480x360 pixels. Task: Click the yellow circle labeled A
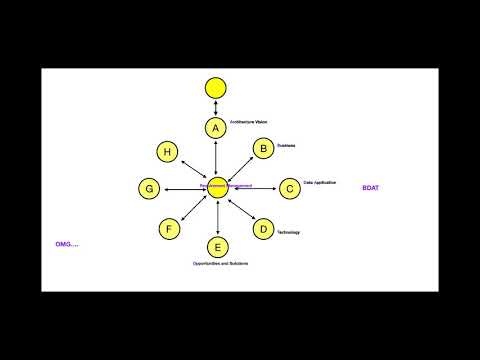pos(216,128)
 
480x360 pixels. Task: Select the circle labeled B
pos(263,149)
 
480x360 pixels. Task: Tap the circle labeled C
pos(288,187)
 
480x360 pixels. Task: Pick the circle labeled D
pos(263,229)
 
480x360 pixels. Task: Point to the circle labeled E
pos(217,246)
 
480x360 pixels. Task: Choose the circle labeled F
pos(170,229)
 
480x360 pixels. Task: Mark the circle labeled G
pos(149,188)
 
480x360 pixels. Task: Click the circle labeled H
pos(168,151)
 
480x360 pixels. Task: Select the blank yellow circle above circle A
pos(216,87)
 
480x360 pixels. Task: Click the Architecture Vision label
pos(249,122)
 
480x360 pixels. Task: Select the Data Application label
pos(319,183)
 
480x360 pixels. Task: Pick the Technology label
pos(288,232)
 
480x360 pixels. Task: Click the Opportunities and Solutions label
pos(220,263)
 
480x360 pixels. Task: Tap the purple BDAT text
pos(371,188)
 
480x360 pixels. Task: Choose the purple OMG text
pos(67,243)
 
